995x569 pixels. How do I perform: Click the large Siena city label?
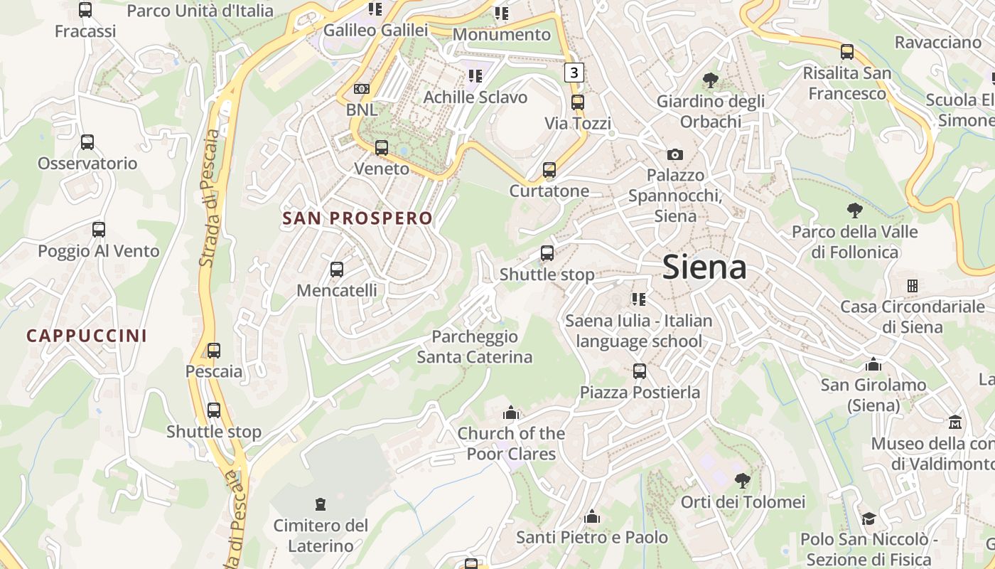704,267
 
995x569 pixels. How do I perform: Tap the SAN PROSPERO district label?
357,218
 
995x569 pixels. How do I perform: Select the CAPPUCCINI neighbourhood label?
87,336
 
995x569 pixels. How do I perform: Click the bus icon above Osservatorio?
87,142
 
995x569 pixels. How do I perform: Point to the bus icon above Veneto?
382,148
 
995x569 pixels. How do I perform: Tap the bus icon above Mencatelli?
337,270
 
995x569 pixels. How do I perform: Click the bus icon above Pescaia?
214,351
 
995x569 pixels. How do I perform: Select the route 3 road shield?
574,72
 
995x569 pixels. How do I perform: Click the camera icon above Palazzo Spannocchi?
674,154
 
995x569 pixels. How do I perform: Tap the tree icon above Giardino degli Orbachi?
709,80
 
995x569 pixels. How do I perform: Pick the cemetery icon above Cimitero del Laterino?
321,504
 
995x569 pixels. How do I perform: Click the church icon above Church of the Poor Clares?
511,413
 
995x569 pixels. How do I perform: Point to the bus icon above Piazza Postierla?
640,371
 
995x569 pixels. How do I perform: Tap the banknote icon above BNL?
362,89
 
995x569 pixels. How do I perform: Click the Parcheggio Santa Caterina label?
474,346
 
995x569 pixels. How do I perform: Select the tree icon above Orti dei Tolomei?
743,481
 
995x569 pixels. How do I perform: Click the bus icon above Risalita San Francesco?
847,52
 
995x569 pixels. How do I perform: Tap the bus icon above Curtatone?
549,170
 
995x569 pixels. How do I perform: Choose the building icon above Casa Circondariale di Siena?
913,286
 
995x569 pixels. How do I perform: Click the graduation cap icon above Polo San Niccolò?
868,519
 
